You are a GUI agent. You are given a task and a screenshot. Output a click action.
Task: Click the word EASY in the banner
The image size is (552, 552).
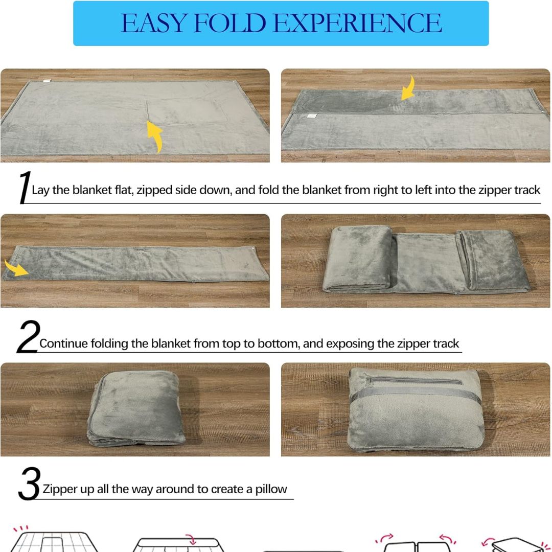[153, 23]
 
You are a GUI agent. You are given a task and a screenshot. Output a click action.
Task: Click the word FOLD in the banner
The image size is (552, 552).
[229, 23]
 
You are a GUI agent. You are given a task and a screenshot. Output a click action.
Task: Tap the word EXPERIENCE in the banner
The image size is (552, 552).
[357, 23]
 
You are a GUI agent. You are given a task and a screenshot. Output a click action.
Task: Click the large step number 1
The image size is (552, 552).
[25, 187]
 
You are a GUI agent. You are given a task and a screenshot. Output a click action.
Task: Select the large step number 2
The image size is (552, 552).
[28, 336]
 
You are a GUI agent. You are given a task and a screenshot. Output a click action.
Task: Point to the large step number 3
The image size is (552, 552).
[29, 484]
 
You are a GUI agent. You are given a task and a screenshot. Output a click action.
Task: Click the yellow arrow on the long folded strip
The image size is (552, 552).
[16, 268]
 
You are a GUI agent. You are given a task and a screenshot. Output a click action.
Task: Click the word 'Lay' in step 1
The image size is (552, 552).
[40, 191]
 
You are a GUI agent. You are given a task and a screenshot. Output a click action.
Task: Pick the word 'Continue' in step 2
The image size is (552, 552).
[64, 343]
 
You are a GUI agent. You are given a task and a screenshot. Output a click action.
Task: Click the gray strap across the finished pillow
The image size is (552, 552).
[416, 392]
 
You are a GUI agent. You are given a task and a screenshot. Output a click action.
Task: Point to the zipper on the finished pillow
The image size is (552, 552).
[413, 380]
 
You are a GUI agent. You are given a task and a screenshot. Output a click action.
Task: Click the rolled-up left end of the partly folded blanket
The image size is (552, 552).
[358, 259]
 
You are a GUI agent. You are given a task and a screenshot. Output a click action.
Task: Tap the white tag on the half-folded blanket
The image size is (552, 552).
[312, 116]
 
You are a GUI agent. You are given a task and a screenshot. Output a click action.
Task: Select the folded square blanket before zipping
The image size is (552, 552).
[136, 408]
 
